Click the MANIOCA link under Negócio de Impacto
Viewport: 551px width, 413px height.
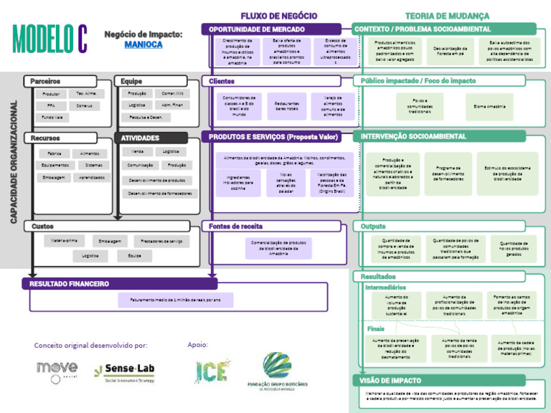click(143, 44)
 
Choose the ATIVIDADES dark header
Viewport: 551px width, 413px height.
click(140, 138)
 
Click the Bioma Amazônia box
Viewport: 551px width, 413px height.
click(489, 106)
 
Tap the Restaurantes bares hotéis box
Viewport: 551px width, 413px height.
click(287, 105)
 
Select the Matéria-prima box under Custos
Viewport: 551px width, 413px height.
click(65, 241)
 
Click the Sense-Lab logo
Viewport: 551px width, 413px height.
click(126, 370)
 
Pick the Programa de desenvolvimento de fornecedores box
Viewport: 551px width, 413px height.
click(448, 173)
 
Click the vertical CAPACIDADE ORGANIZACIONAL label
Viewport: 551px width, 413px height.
click(13, 161)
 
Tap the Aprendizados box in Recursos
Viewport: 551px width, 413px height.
click(91, 177)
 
